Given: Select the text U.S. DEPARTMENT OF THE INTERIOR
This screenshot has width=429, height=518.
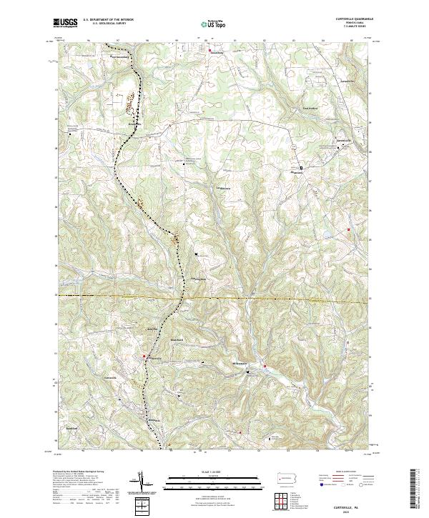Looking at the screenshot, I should pyautogui.click(x=108, y=20).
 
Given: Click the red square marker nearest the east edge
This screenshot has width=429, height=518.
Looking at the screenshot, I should pyautogui.click(x=348, y=229).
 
